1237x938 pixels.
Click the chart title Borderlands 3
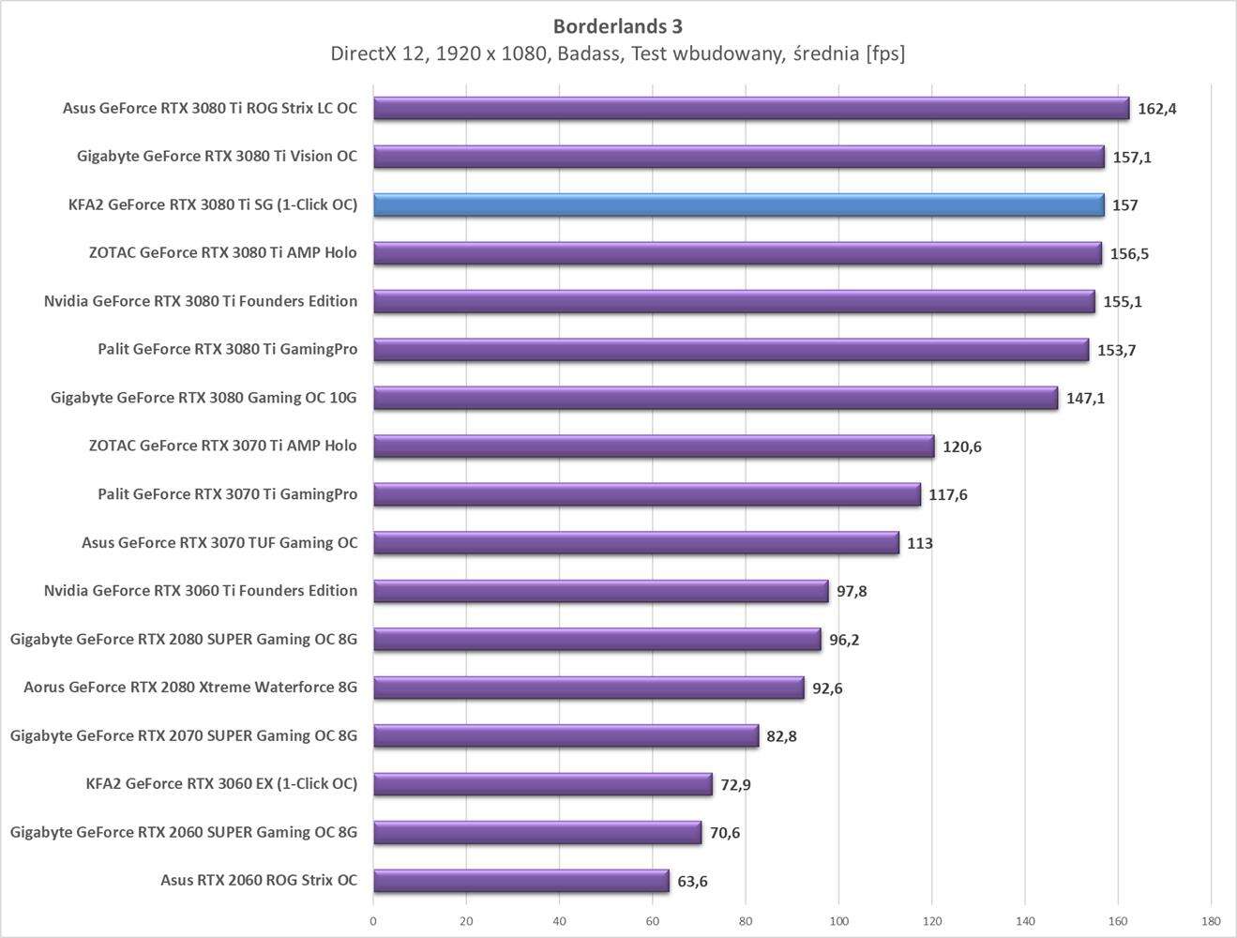pyautogui.click(x=617, y=25)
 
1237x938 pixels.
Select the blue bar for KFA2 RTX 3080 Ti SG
pyautogui.click(x=738, y=204)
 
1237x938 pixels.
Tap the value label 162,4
pyautogui.click(x=1156, y=109)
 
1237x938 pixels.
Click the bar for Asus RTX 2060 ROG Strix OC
pyautogui.click(x=520, y=881)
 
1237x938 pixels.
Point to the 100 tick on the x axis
pyautogui.click(x=838, y=921)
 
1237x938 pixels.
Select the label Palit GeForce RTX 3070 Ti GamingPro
pyautogui.click(x=227, y=493)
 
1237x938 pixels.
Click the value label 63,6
pyautogui.click(x=692, y=882)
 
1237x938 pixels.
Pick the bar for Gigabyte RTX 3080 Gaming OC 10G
pyautogui.click(x=715, y=398)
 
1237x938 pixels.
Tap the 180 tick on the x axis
pyautogui.click(x=1210, y=921)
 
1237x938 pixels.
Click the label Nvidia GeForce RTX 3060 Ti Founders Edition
pyautogui.click(x=200, y=590)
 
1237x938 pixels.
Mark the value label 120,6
pyautogui.click(x=961, y=446)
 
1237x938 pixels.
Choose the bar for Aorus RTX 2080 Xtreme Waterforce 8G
pyautogui.click(x=588, y=688)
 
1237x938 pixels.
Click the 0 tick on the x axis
pyautogui.click(x=373, y=921)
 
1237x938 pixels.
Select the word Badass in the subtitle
pyautogui.click(x=590, y=53)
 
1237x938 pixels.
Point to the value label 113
pyautogui.click(x=919, y=543)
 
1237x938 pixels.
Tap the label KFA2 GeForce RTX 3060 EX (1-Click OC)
pyautogui.click(x=221, y=783)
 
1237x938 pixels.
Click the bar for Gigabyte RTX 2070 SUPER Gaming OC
pyautogui.click(x=566, y=735)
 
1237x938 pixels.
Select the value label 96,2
pyautogui.click(x=844, y=640)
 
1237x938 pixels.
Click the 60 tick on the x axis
pyautogui.click(x=653, y=921)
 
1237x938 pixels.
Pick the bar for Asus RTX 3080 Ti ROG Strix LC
pyautogui.click(x=750, y=108)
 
